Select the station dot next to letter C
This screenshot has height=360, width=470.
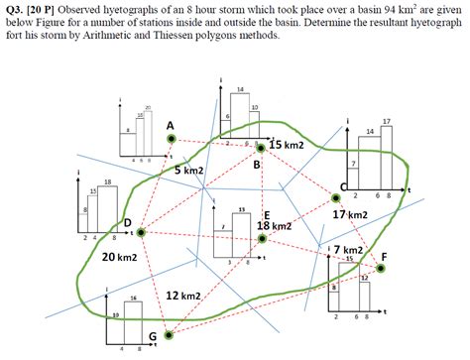coord(335,199)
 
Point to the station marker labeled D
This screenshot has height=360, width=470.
coord(142,232)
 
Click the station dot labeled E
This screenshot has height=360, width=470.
coord(261,238)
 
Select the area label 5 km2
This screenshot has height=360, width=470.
coord(189,171)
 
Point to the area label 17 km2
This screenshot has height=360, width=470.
coord(351,214)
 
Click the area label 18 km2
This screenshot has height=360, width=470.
coord(274,226)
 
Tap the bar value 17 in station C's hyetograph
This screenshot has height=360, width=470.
coord(386,121)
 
